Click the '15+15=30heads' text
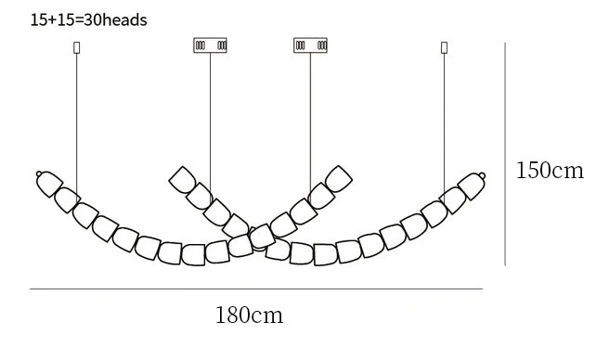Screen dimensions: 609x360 click(x=88, y=20)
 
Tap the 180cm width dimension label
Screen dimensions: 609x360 click(x=249, y=315)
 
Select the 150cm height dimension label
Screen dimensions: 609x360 click(x=550, y=170)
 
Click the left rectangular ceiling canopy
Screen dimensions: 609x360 click(x=210, y=45)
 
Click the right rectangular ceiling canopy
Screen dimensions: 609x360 click(x=310, y=45)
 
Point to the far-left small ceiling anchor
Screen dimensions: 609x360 click(x=76, y=47)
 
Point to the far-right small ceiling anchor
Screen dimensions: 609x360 click(x=445, y=47)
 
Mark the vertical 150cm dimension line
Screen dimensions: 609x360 click(x=505, y=154)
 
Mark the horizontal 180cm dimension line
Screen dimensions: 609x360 click(x=256, y=289)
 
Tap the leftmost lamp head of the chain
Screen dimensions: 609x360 click(x=49, y=184)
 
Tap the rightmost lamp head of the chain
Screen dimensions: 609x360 click(x=472, y=186)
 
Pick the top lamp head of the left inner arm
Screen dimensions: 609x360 click(x=183, y=180)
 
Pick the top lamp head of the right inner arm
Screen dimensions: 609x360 click(x=339, y=179)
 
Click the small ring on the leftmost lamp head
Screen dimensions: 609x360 click(x=39, y=174)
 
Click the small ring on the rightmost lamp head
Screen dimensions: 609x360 click(x=482, y=175)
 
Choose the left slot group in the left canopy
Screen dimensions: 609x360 click(x=200, y=45)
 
